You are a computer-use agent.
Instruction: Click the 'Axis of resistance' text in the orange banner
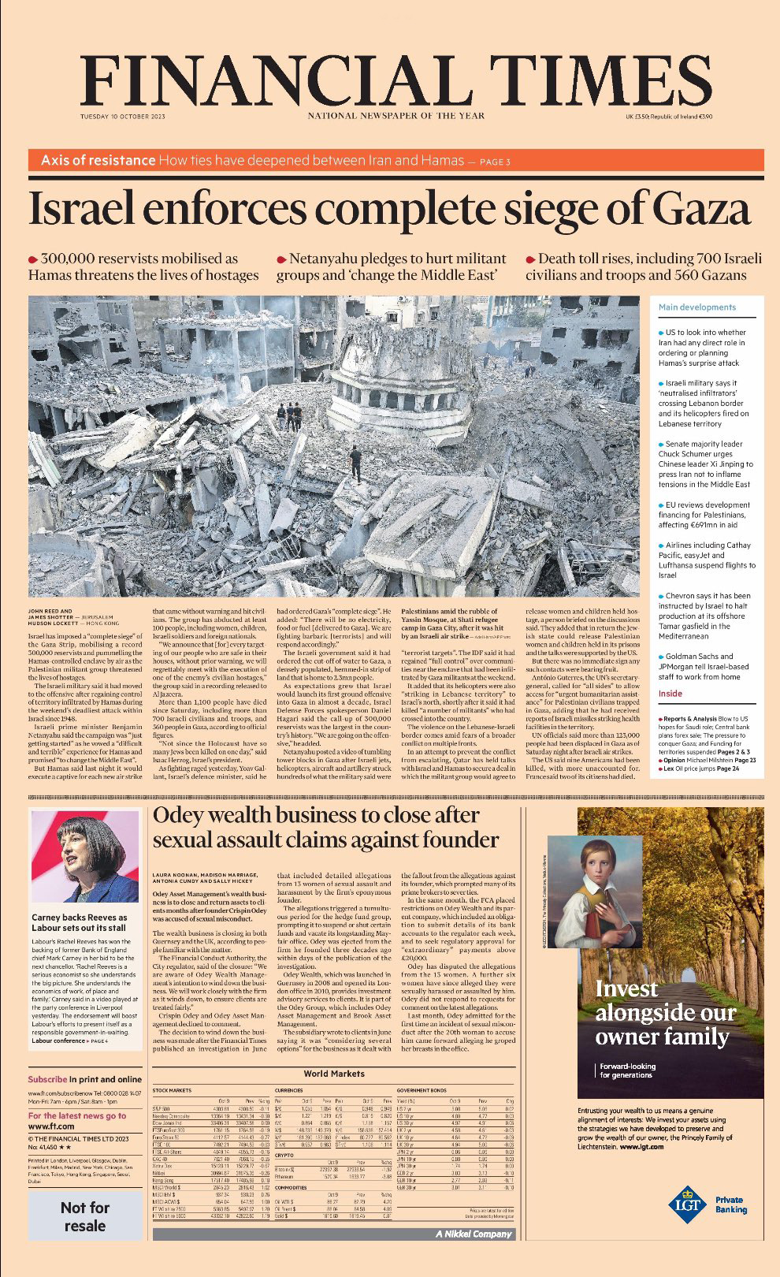[98, 161]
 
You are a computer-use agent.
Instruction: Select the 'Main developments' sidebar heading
[696, 307]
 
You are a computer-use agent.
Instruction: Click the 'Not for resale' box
[84, 1216]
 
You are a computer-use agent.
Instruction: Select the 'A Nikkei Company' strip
[473, 1234]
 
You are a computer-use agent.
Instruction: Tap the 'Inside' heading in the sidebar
[670, 694]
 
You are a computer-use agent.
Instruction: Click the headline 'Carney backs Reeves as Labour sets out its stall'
[79, 923]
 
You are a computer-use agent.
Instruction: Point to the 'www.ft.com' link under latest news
[51, 1126]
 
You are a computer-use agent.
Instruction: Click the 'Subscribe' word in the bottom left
[47, 1079]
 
